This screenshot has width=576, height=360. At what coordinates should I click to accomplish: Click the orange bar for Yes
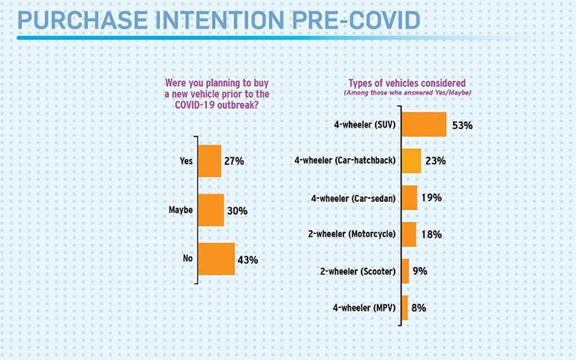(x=210, y=161)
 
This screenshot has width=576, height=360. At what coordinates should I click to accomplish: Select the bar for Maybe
(x=211, y=210)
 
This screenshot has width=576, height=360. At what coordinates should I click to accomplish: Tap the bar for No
(x=217, y=259)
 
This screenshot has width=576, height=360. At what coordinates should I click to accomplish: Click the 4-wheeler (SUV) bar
(x=424, y=124)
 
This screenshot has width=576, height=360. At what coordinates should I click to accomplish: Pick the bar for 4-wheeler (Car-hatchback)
(x=412, y=160)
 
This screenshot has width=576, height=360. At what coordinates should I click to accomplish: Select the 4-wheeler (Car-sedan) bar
(x=409, y=197)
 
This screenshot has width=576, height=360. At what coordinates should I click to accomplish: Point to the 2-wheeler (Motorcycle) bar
(x=409, y=234)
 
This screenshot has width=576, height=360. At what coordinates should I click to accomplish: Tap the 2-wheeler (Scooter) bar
(x=405, y=271)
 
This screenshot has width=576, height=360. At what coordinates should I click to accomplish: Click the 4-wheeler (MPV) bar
(x=405, y=307)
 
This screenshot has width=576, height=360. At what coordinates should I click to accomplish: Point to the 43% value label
(x=247, y=259)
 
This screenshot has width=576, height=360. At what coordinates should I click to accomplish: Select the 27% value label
(x=233, y=161)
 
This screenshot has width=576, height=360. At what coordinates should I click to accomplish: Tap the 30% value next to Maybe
(x=237, y=210)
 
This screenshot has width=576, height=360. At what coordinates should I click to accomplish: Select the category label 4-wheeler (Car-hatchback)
(x=346, y=160)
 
